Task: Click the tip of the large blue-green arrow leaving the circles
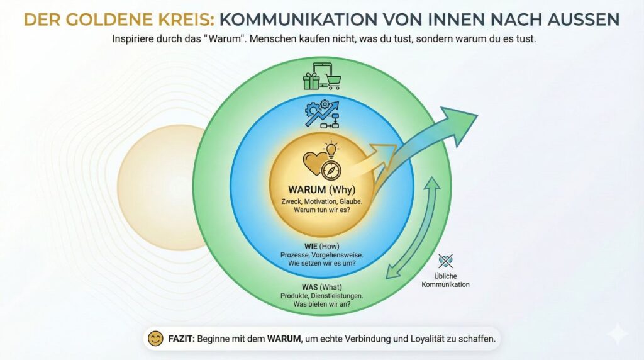(x=478, y=115)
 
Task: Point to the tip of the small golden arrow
(x=397, y=145)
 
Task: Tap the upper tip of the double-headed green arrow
(x=432, y=177)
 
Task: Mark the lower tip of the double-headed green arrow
(x=387, y=278)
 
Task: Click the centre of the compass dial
(x=331, y=170)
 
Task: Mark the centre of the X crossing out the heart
(x=445, y=261)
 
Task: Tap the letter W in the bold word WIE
(x=308, y=247)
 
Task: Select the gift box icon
(x=311, y=81)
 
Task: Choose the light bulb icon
(x=331, y=150)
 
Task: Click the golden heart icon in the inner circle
(x=314, y=163)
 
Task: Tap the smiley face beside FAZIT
(x=155, y=339)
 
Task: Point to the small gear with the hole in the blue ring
(x=325, y=104)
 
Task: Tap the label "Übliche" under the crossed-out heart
(x=446, y=276)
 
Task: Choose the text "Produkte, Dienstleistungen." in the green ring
(x=321, y=296)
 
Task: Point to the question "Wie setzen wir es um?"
(x=322, y=264)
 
